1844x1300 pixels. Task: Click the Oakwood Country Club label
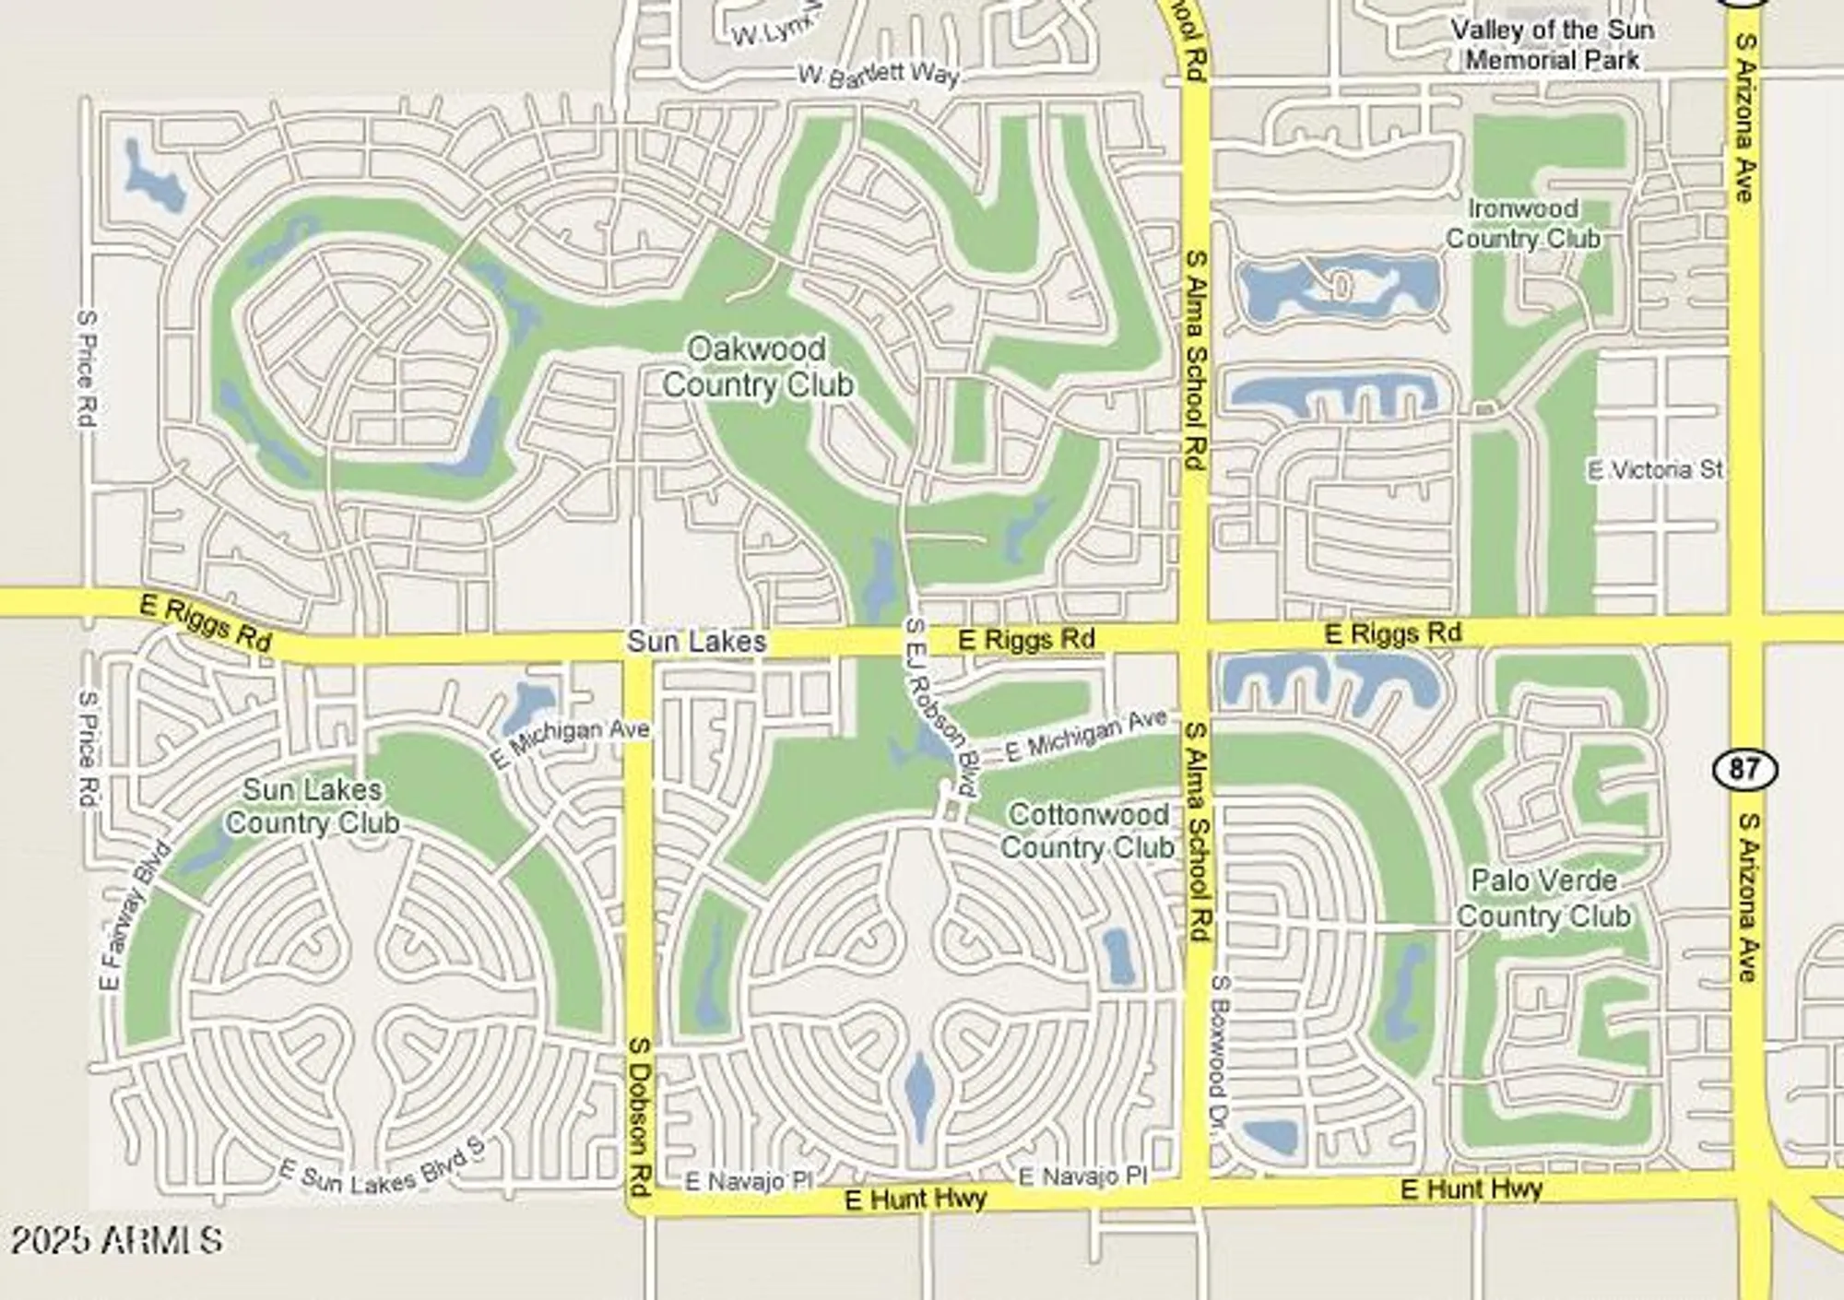(x=757, y=366)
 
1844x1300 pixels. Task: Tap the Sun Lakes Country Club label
(x=313, y=806)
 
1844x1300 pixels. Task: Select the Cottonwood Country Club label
(x=1088, y=830)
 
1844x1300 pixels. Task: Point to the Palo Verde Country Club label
(x=1543, y=898)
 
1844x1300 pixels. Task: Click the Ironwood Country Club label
(x=1522, y=223)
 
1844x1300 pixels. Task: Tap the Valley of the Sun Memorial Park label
(x=1553, y=44)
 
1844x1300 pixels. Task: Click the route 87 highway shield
(x=1744, y=768)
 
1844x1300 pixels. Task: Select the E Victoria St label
(x=1654, y=470)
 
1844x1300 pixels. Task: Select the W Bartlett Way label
(x=878, y=75)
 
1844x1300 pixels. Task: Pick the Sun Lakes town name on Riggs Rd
(x=696, y=641)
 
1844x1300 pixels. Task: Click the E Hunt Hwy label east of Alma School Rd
(x=1471, y=1188)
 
